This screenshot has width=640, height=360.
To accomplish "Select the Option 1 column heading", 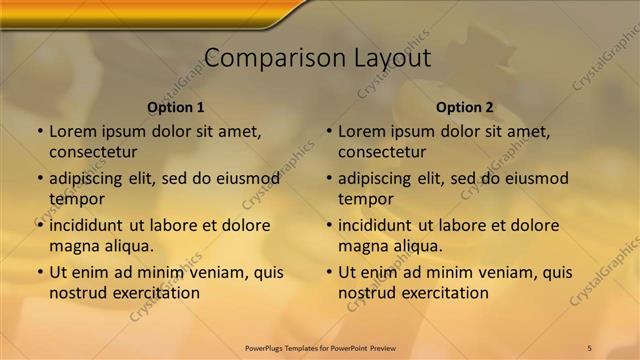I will tap(176, 107).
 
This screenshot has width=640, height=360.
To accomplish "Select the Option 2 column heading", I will tap(465, 107).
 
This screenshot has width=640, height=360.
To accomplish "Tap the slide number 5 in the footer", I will tap(589, 347).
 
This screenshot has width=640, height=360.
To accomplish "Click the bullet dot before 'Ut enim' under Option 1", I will tap(40, 272).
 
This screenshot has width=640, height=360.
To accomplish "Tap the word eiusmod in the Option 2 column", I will tap(534, 178).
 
